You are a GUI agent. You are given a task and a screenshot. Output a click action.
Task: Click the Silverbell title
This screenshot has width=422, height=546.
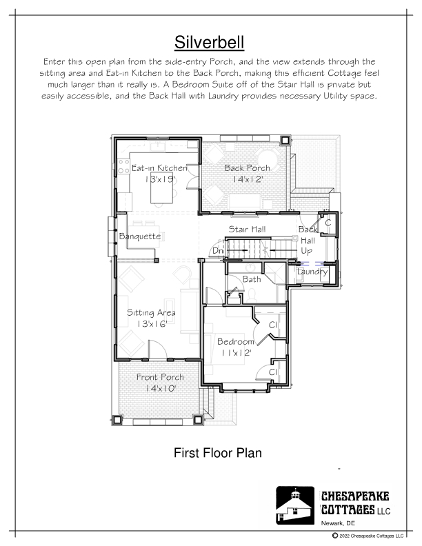(x=209, y=43)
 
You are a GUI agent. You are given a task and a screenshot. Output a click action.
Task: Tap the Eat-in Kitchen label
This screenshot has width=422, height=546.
(x=159, y=168)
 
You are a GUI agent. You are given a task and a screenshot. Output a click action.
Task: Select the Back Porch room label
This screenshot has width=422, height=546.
(x=248, y=168)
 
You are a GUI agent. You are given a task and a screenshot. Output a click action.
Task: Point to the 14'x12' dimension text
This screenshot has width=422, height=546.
(x=248, y=179)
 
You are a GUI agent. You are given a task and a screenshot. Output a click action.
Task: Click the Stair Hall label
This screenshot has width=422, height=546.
(x=248, y=229)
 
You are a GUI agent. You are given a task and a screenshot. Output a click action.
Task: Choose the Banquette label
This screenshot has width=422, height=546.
(x=140, y=236)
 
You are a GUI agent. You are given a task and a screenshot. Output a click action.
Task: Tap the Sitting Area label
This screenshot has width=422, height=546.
(x=151, y=312)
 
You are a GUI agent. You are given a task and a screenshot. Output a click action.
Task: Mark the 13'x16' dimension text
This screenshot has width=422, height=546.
(x=152, y=324)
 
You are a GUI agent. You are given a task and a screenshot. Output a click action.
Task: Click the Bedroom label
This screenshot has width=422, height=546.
(x=236, y=342)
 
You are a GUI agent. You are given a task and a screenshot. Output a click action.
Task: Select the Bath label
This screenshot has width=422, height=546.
(x=252, y=279)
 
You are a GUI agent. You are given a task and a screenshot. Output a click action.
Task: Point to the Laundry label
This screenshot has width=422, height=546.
(x=312, y=272)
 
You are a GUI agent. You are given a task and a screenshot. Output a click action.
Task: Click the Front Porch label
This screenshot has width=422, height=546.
(x=160, y=377)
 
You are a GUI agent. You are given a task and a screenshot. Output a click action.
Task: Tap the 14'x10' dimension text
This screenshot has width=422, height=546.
(x=160, y=388)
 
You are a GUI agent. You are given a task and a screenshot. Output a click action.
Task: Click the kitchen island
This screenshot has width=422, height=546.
(x=161, y=188)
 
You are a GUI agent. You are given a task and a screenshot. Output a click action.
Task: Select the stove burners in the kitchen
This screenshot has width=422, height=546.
(x=123, y=166)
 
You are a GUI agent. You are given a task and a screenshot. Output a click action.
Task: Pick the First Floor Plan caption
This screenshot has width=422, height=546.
(x=218, y=453)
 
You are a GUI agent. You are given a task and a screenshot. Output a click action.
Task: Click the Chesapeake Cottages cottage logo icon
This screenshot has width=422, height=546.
(x=295, y=505)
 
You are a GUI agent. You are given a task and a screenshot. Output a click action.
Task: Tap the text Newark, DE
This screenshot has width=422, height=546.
(x=338, y=523)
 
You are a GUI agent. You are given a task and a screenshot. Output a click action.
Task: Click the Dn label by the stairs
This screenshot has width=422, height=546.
(x=217, y=251)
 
